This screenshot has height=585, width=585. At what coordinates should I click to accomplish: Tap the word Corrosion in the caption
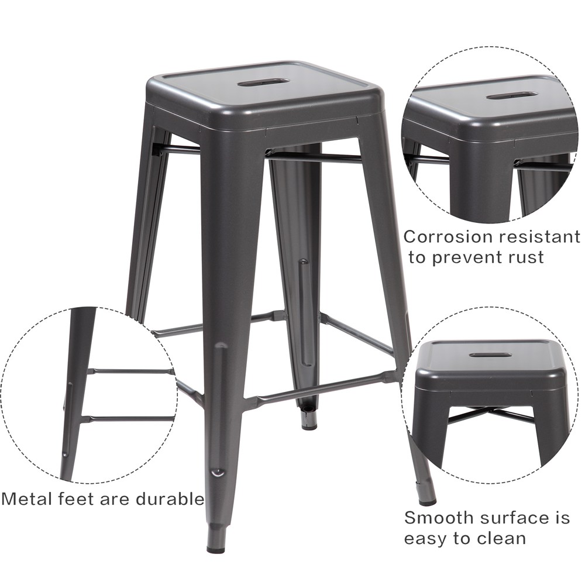coord(449,236)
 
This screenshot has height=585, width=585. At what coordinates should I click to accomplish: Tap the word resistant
coord(540,237)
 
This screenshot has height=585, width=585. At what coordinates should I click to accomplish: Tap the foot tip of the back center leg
coord(309,424)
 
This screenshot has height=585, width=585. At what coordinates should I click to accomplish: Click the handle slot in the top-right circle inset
coord(512,96)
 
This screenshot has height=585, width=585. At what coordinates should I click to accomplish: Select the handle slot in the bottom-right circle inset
coord(486,354)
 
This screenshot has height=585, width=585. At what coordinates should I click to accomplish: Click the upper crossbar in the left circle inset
coord(130,371)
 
